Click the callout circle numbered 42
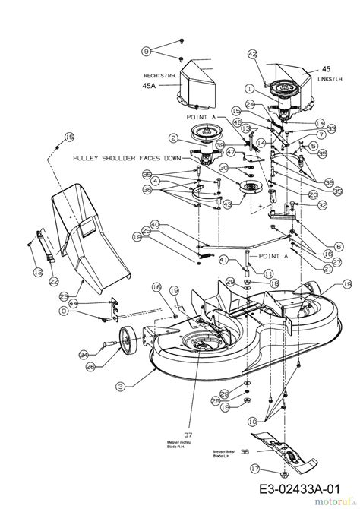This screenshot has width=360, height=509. [x=254, y=54]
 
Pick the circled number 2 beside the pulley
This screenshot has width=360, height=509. [x=173, y=138]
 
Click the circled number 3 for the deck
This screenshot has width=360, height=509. [x=119, y=386]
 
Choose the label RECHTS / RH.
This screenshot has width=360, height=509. [x=160, y=76]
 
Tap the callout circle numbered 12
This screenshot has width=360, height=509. [x=38, y=271]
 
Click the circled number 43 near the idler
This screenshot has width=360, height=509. [x=227, y=204]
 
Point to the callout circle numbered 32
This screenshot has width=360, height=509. [x=323, y=204]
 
